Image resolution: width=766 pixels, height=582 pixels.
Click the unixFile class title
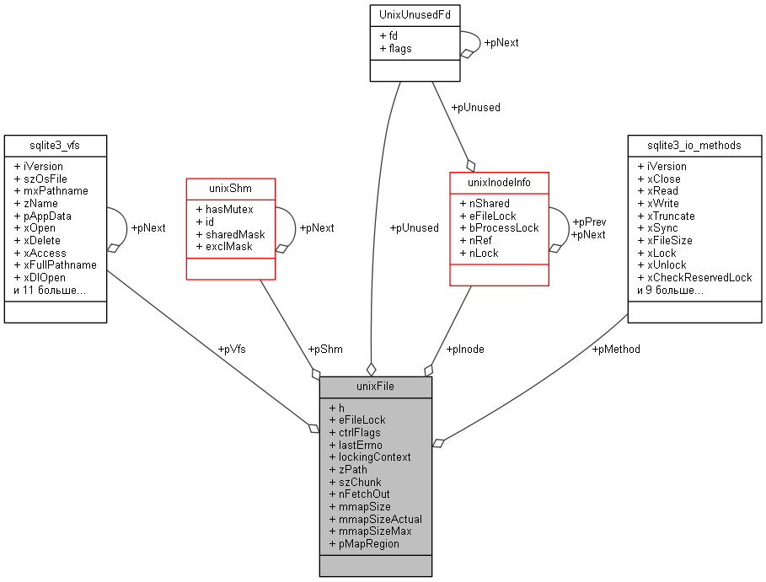tap(375, 387)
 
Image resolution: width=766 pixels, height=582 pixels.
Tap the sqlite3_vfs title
tap(55, 145)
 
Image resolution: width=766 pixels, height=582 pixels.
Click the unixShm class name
tap(230, 187)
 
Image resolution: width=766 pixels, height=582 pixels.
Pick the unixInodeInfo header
tap(500, 182)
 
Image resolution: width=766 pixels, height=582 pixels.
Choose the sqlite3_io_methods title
tap(694, 145)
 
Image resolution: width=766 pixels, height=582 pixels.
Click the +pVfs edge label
tap(232, 349)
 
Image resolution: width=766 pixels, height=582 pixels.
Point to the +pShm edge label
tap(324, 349)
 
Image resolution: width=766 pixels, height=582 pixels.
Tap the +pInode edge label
tap(464, 349)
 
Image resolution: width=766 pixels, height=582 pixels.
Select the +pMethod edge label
tap(616, 349)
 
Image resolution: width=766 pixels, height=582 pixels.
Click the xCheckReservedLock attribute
tap(699, 277)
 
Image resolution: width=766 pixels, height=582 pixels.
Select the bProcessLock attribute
tap(504, 227)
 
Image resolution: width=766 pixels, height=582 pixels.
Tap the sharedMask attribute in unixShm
tap(234, 234)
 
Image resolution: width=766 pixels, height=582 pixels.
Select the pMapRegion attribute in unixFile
tap(368, 543)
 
